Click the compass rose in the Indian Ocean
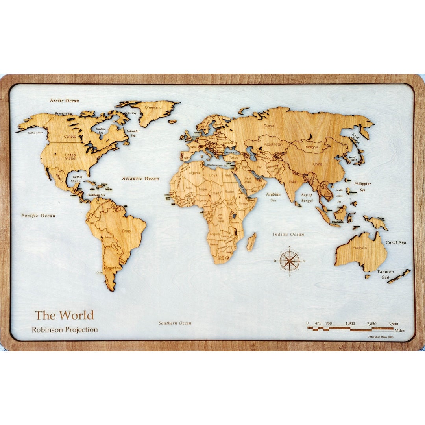[290, 261]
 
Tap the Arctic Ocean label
[64, 101]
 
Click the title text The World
[64, 315]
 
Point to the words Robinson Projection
[65, 330]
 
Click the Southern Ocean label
[175, 323]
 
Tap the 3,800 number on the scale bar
[393, 324]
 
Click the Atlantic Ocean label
[140, 179]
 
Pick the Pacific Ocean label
[38, 216]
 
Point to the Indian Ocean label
[288, 235]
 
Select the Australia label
[359, 248]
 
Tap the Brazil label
[127, 231]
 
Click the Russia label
[269, 126]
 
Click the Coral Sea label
[395, 243]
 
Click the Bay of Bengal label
[307, 198]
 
